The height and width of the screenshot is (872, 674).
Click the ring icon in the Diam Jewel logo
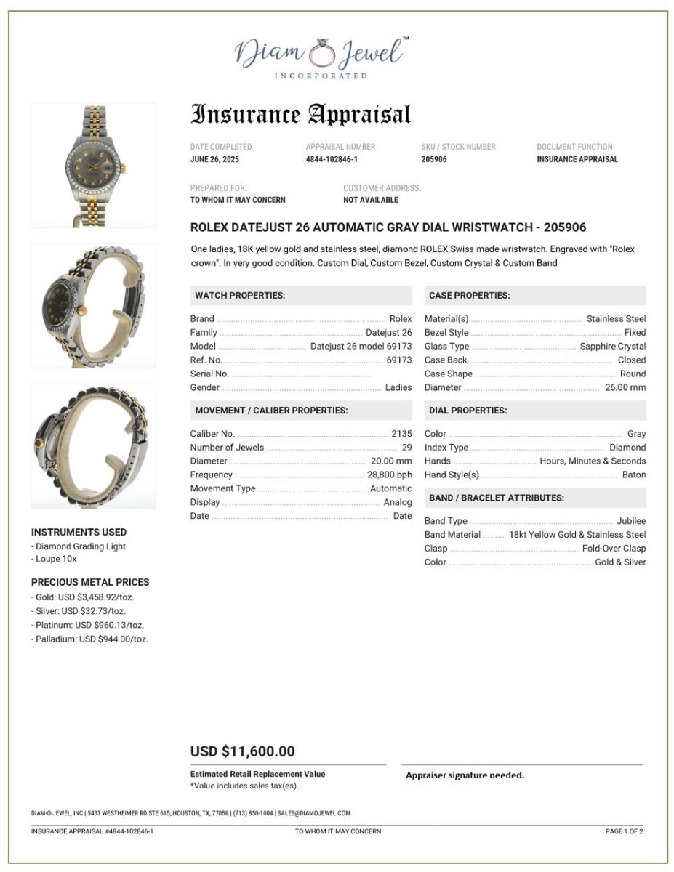tap(320, 54)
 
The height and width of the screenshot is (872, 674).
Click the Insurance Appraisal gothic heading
tap(300, 115)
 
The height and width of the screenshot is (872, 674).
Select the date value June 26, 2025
tap(214, 159)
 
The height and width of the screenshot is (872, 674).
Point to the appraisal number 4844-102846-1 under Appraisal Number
tap(332, 159)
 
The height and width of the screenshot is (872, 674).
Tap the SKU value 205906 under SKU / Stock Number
tap(434, 159)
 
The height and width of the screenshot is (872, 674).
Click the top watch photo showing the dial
tap(93, 165)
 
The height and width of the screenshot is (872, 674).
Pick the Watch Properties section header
tap(240, 296)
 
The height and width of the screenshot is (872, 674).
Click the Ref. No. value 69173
tap(398, 360)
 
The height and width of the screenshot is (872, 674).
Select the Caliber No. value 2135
tap(401, 434)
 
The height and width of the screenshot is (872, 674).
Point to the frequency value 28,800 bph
tap(389, 475)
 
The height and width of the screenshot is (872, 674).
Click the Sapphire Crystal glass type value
tap(613, 346)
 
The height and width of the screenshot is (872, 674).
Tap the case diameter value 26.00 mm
tap(625, 387)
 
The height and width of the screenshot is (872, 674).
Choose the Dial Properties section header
tap(468, 411)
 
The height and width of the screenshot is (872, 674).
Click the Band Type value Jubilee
tap(630, 521)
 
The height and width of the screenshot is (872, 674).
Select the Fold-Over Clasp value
tap(614, 549)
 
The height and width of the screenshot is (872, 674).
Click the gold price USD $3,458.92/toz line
tap(84, 597)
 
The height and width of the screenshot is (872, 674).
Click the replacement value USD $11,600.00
tap(243, 751)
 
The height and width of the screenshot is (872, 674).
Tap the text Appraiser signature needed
tap(465, 775)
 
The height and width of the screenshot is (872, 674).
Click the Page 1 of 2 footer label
tap(624, 831)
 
